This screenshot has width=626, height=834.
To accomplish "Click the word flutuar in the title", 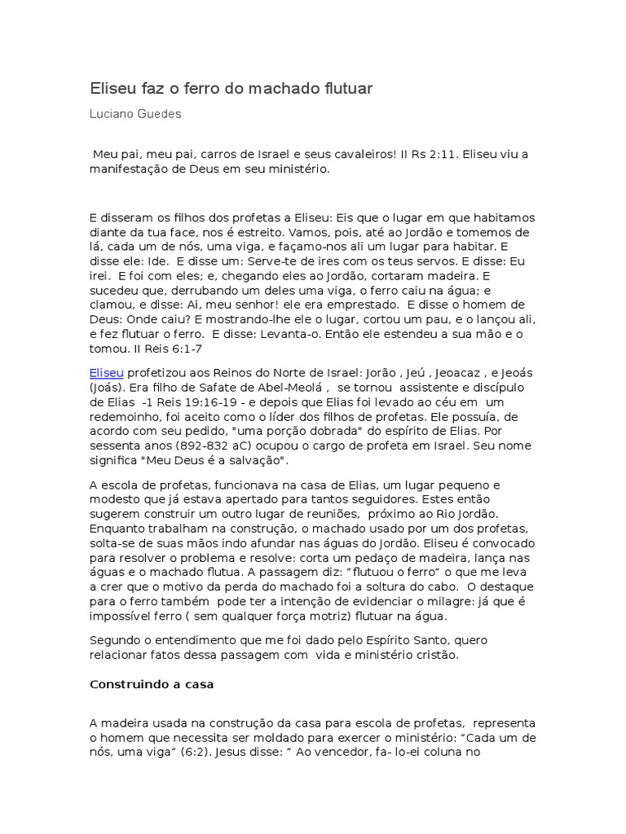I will pyautogui.click(x=346, y=88).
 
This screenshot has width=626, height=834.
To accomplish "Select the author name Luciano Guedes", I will pyautogui.click(x=134, y=114).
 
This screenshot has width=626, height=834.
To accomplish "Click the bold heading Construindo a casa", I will pyautogui.click(x=151, y=684).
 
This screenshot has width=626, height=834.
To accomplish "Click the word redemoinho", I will pyautogui.click(x=126, y=417).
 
